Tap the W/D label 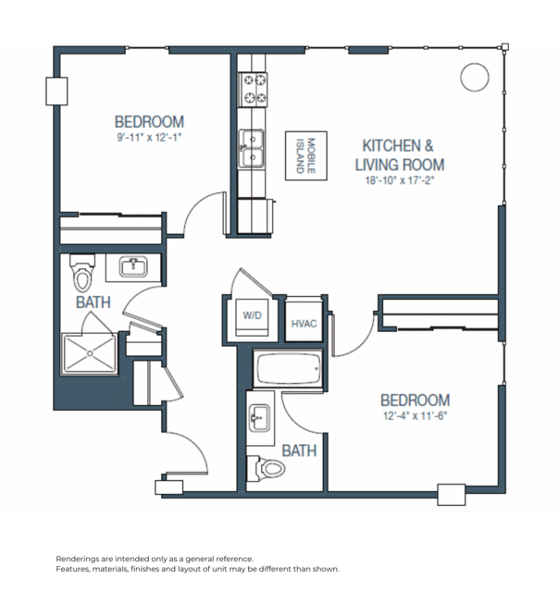[x=252, y=315]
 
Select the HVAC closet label [x=304, y=324]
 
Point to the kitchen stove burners [x=254, y=89]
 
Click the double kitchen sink [x=252, y=149]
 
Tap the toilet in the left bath [x=83, y=274]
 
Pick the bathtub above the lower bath [x=289, y=372]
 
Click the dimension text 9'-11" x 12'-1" [x=149, y=137]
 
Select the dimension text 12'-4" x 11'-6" [x=415, y=415]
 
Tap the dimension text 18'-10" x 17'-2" [x=399, y=180]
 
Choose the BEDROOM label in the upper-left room [x=149, y=121]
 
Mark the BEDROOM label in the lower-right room [x=416, y=400]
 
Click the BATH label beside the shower [x=93, y=302]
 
